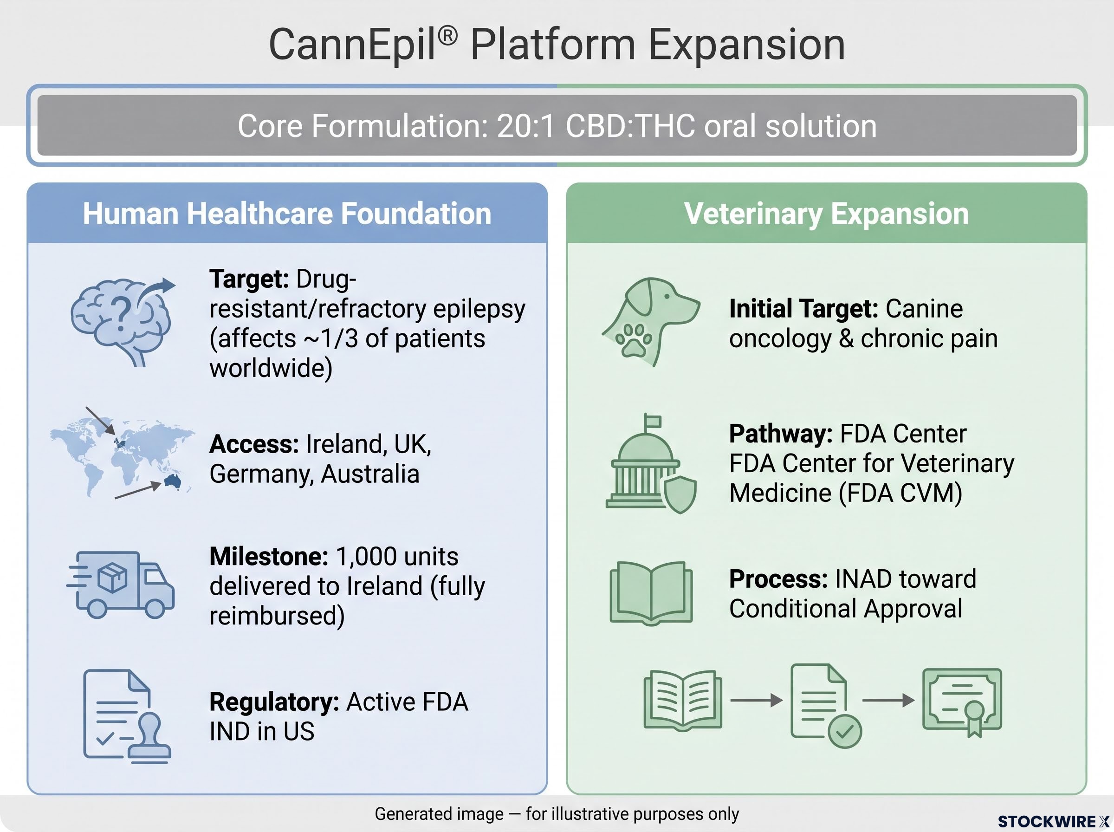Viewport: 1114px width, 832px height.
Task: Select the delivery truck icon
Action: coord(121,584)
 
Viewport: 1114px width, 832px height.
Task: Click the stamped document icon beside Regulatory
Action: coord(127,716)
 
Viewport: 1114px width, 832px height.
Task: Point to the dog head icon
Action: coord(650,322)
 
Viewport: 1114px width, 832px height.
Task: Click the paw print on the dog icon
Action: coord(633,340)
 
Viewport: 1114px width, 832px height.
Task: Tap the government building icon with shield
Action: coord(651,463)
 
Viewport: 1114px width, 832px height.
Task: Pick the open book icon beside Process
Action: coord(651,593)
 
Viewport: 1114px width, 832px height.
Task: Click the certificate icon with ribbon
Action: coord(962,702)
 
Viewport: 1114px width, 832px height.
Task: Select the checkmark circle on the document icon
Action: coord(844,731)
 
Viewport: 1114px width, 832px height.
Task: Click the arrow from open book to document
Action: coord(756,700)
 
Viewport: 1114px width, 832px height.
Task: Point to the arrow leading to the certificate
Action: coord(888,700)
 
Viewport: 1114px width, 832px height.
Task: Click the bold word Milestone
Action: coord(269,557)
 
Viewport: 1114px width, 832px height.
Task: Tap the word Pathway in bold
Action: coord(781,434)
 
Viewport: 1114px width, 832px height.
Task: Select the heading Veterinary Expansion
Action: coord(827,214)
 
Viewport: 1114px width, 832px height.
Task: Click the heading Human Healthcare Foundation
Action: coord(287,214)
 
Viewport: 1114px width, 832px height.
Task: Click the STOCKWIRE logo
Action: coord(1054,821)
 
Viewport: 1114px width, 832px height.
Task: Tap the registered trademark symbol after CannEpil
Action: coord(447,36)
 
